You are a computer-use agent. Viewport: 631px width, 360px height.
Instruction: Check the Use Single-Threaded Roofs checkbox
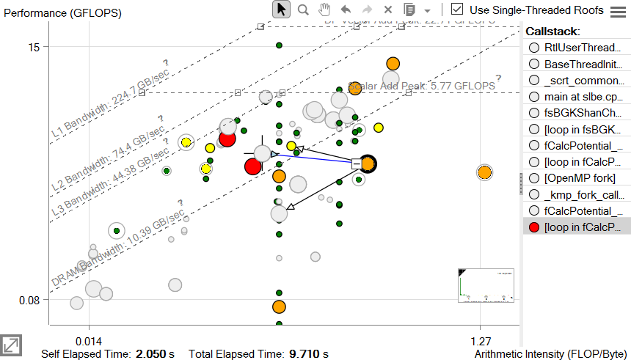pos(457,10)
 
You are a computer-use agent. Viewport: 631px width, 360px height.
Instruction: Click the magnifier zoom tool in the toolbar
pos(303,10)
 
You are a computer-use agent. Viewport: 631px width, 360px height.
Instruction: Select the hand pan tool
pos(324,10)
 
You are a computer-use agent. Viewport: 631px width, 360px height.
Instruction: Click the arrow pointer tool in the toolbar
pos(281,10)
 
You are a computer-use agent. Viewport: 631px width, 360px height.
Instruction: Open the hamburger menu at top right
pos(618,10)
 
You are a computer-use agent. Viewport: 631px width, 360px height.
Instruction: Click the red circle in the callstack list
pos(533,227)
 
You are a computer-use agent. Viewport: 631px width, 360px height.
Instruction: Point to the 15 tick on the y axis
pos(34,46)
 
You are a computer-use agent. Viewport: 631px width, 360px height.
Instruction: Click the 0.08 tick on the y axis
pos(29,300)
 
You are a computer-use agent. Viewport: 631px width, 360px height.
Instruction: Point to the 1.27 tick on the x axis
pos(480,340)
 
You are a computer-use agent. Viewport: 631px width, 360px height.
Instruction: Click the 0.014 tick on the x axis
pos(89,340)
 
